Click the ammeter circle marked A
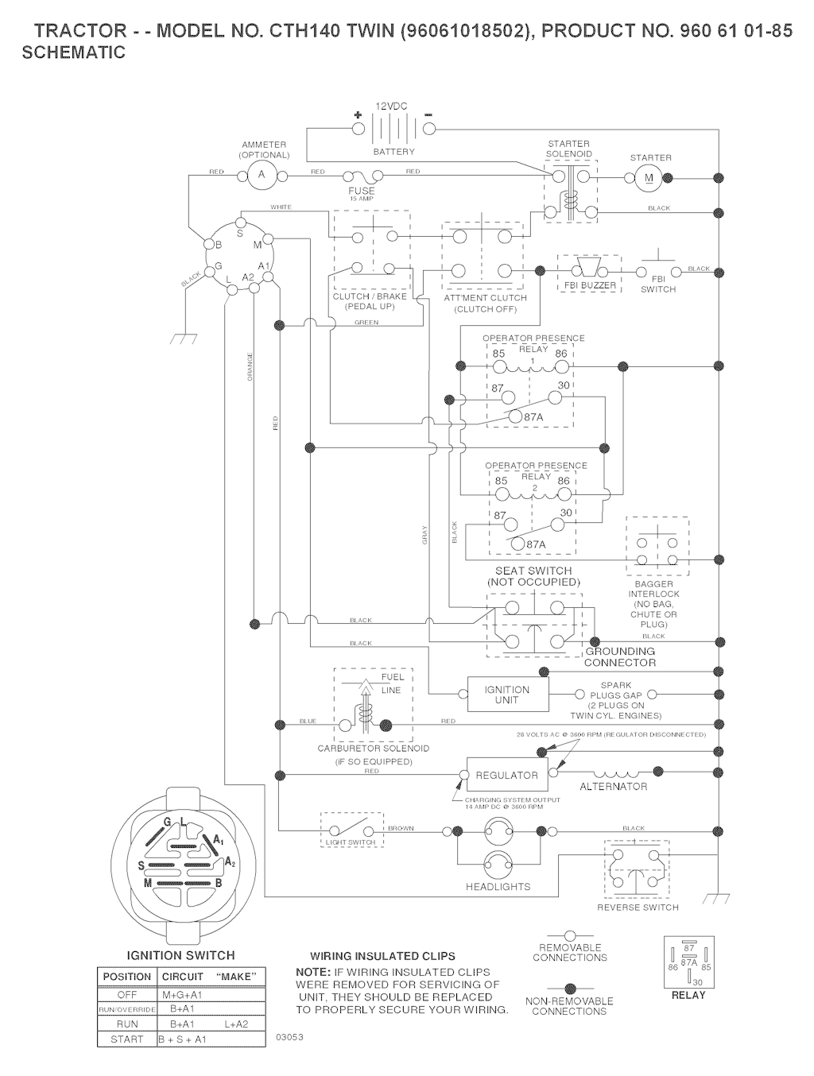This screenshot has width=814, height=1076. (260, 176)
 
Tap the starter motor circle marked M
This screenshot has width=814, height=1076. (649, 177)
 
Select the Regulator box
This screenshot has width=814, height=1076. (506, 775)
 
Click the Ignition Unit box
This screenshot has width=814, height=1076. (506, 695)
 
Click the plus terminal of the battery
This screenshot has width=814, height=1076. (358, 127)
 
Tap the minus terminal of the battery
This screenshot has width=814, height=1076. (429, 127)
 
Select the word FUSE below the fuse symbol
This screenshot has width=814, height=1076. (362, 191)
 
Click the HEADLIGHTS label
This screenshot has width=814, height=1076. (498, 887)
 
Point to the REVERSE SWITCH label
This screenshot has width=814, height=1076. (638, 908)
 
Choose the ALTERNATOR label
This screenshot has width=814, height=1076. (613, 787)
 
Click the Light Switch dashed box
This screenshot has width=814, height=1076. (351, 829)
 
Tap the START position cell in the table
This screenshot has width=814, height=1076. (127, 1039)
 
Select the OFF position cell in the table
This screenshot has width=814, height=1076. (127, 995)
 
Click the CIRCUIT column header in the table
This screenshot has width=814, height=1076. (183, 977)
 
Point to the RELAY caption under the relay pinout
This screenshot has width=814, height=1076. (688, 995)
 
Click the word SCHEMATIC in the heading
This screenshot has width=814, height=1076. (74, 53)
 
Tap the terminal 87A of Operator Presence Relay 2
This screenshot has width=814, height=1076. (517, 544)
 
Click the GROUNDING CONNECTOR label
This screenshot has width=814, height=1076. (620, 657)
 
